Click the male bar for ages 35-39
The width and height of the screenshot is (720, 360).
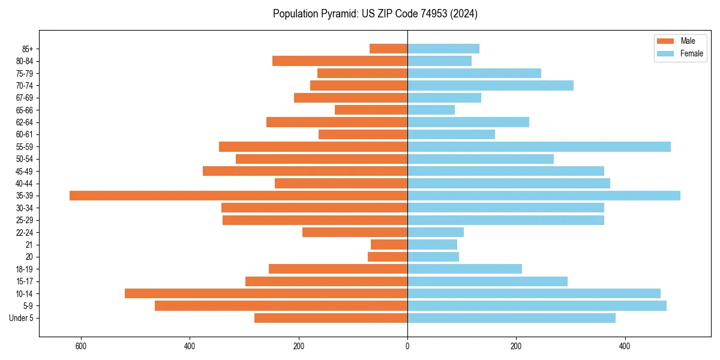coord(238,196)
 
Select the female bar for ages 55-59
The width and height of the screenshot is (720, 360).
coord(539,147)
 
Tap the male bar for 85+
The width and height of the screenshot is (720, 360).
coord(388,49)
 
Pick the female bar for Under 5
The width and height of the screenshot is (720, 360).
coord(511,318)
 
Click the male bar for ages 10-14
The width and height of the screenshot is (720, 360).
coord(266,293)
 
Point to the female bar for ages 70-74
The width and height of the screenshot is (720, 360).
coord(490,85)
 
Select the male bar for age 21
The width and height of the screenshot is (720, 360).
coord(389,245)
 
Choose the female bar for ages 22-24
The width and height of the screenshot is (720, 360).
coord(436,232)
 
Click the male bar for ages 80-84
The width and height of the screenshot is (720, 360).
coord(340,61)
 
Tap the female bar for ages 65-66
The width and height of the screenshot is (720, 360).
coord(431,110)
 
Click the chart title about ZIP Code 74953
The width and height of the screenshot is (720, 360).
coord(375,14)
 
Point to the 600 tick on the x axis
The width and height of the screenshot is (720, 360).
coord(81,346)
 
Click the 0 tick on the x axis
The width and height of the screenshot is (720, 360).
coord(407,346)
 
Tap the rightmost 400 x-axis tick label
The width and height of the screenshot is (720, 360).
coord(625,346)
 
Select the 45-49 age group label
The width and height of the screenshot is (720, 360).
coord(25,172)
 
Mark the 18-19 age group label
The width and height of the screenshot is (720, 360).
coord(25,269)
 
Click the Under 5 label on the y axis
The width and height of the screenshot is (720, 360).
coord(21,318)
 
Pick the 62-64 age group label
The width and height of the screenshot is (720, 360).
coord(25,122)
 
